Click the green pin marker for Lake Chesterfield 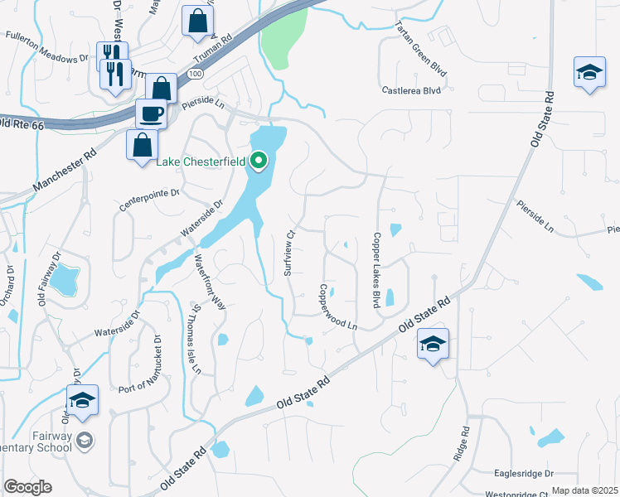pyautogui.click(x=259, y=161)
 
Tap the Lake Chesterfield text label pyautogui.click(x=201, y=162)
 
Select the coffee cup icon pyautogui.click(x=152, y=113)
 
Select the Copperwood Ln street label pyautogui.click(x=337, y=307)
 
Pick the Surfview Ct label pyautogui.click(x=289, y=252)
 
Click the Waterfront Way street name pyautogui.click(x=210, y=281)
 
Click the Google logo pyautogui.click(x=27, y=487)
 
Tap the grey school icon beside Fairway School pyautogui.click(x=83, y=438)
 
